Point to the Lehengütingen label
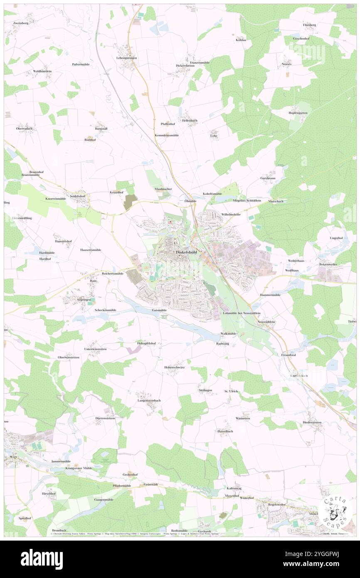[126, 57]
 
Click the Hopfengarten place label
[298, 113]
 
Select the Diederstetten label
[312, 422]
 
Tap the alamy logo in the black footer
[42, 559]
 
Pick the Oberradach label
[25, 129]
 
